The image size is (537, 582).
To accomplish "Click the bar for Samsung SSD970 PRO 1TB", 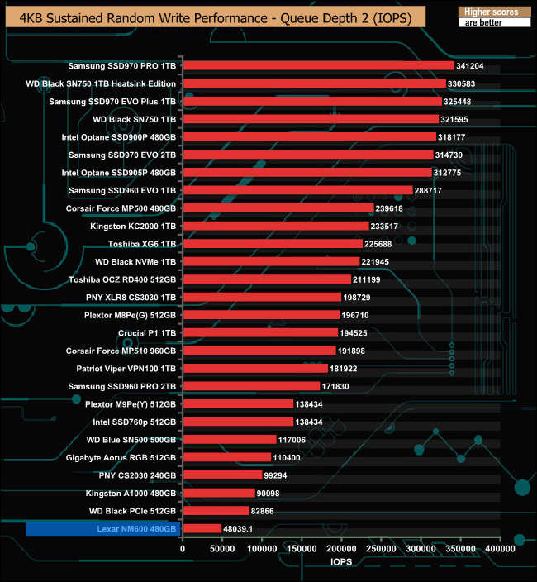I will click(318, 65).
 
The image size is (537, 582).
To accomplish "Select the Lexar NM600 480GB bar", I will click(202, 528).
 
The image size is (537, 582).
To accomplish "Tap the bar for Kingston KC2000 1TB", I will click(275, 226).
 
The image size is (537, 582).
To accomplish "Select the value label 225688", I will click(381, 244).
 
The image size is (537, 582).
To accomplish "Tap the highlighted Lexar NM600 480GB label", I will click(102, 529).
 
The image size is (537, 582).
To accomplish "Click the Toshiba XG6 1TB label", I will click(142, 244).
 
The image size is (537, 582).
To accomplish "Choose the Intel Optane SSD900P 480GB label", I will click(119, 137).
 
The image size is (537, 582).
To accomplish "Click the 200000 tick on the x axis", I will click(341, 548).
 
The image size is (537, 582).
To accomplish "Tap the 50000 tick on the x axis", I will click(222, 548).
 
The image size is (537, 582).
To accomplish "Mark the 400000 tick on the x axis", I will click(500, 548).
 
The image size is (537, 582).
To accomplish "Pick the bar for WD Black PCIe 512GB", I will click(216, 511).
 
